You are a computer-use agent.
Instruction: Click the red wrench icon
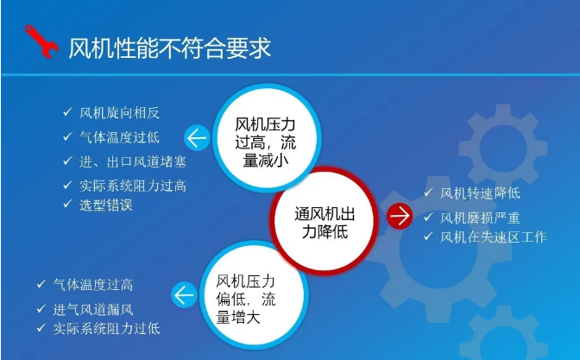coord(41,41)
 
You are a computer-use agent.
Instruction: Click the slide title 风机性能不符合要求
coord(170,47)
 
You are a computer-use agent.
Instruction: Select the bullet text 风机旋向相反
coord(119,113)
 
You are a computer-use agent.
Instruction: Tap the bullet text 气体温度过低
coord(119,137)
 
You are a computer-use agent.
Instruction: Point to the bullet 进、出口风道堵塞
coord(133,161)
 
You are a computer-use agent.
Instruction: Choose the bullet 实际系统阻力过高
coord(133,186)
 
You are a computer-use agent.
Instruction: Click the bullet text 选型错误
coord(106,205)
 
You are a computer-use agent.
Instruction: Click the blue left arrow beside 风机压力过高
coord(197,137)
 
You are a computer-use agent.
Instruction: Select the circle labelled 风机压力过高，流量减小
coord(266,138)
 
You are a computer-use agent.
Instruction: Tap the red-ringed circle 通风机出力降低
coord(325,222)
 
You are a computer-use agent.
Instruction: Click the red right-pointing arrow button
coord(400,216)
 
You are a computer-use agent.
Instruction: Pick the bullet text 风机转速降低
coord(480,193)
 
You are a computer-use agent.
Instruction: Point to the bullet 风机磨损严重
coord(480,218)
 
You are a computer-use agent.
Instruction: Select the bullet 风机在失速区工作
coord(494,237)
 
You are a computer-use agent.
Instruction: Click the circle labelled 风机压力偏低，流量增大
coord(254,295)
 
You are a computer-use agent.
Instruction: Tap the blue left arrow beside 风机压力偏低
coord(184,295)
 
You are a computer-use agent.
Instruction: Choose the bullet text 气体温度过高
coord(93,285)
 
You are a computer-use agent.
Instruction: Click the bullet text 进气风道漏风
coord(93,309)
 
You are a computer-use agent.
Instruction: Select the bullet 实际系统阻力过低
coord(106,329)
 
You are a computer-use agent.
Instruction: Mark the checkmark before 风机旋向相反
coord(67,111)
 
